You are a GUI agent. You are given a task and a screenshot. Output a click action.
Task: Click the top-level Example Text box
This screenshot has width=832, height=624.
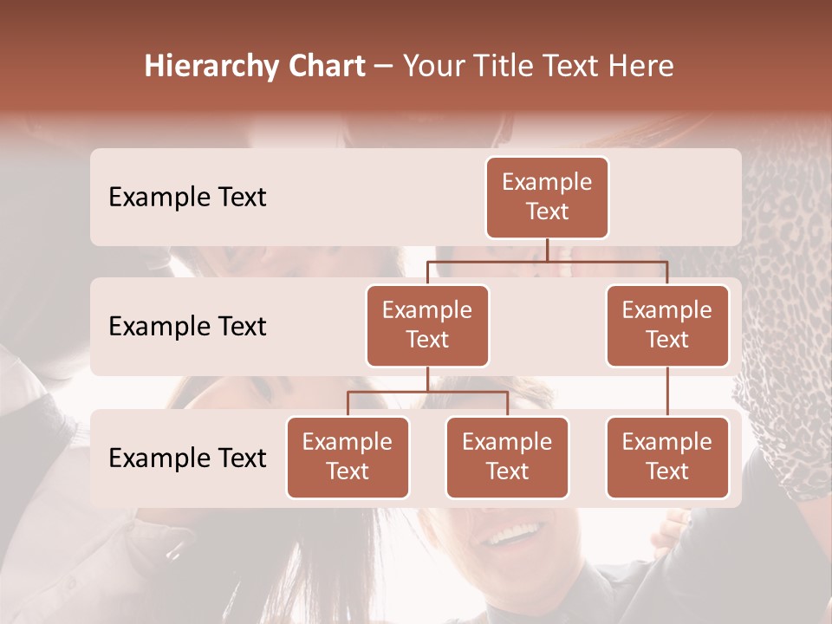[x=547, y=198]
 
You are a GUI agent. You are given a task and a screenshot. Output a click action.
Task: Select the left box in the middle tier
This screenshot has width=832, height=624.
[x=427, y=326]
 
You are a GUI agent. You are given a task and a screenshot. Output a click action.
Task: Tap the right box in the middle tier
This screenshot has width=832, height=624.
[x=667, y=326]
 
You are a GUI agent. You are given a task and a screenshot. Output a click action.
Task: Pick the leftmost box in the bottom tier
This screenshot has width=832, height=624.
[x=348, y=458]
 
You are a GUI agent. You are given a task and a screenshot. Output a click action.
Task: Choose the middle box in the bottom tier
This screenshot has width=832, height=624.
[x=507, y=458]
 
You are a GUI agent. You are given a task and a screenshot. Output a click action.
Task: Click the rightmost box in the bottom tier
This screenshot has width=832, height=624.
[x=667, y=458]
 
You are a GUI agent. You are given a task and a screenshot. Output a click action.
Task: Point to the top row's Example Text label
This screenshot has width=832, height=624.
[x=187, y=198]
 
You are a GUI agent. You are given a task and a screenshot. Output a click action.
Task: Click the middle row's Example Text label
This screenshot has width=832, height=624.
[x=187, y=327]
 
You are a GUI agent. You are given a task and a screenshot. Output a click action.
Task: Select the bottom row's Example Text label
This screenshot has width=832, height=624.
[x=187, y=458]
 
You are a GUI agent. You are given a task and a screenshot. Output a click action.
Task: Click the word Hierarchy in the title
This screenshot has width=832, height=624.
[x=207, y=67]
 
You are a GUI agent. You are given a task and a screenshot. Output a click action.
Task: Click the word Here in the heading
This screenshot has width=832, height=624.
[x=642, y=67]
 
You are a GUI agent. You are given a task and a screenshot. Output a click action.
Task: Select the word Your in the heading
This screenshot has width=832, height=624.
[x=434, y=67]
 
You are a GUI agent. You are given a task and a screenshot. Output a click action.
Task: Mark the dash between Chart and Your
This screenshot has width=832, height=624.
[x=382, y=68]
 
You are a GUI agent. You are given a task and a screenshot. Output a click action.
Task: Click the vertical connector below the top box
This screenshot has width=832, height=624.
[x=547, y=250]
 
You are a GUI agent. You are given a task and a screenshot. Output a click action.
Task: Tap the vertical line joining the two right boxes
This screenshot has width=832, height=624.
[x=667, y=392]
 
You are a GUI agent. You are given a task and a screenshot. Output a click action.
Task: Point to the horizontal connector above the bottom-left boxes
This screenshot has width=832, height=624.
[x=427, y=392]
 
